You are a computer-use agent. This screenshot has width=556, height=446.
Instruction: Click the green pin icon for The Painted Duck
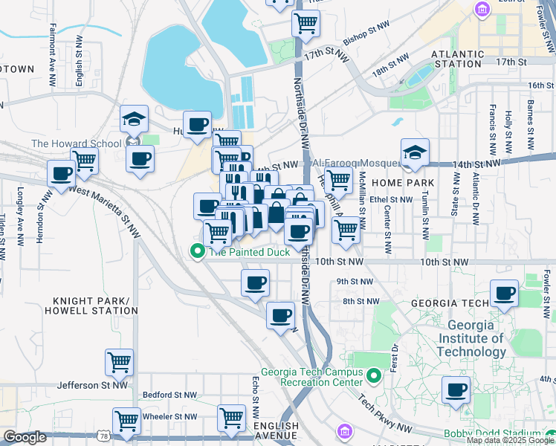tap(198, 252)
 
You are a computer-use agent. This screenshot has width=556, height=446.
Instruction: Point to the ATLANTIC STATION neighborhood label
tap(456, 59)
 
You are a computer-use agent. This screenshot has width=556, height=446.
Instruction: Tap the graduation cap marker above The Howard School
tap(135, 120)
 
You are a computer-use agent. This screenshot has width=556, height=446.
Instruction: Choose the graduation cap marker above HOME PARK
tap(415, 153)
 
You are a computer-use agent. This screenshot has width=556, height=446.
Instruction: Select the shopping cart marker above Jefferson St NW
tap(119, 363)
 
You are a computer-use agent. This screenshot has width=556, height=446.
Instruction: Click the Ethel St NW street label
tap(391, 199)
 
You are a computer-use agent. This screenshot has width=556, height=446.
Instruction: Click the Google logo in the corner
tap(25, 437)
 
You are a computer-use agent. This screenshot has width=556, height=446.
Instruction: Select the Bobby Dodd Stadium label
tap(491, 433)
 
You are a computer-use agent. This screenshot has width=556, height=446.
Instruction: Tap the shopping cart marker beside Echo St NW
tap(231, 418)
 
